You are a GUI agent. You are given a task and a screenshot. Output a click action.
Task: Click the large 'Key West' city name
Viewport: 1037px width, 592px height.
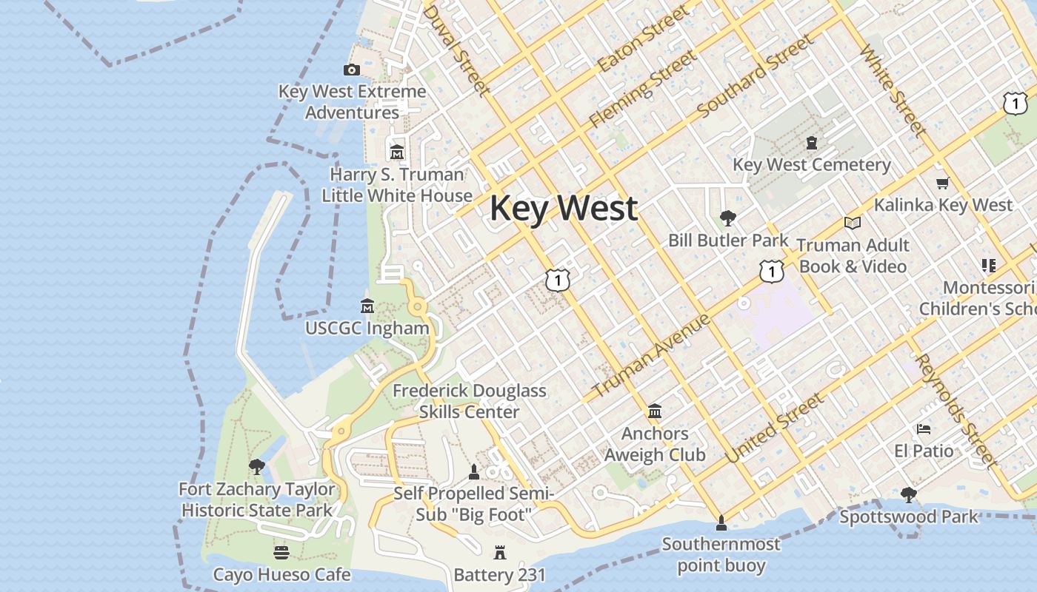[563, 208]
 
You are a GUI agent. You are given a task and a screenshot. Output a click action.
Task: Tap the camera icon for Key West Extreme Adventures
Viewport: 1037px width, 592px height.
[352, 70]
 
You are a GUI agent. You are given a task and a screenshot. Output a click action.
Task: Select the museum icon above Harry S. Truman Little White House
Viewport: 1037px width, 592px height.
[397, 152]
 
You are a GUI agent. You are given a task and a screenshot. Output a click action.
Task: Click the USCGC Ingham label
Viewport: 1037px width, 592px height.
[367, 328]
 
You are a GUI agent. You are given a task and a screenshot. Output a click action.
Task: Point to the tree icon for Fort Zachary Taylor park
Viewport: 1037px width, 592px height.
[257, 467]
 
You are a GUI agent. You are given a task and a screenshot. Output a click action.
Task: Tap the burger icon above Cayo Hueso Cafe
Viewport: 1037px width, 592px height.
[281, 553]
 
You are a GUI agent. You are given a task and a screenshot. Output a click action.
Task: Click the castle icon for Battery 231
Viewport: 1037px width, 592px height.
[499, 553]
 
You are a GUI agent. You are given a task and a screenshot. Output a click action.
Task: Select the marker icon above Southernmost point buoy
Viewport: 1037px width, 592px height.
[721, 524]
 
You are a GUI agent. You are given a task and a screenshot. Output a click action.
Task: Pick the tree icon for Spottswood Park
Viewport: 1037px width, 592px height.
[909, 495]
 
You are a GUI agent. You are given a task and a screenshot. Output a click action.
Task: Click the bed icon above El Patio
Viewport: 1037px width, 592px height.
[923, 429]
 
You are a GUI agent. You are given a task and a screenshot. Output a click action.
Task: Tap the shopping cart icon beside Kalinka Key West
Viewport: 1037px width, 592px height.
[942, 184]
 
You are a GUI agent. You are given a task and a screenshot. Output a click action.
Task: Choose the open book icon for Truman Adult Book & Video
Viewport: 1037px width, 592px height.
[852, 223]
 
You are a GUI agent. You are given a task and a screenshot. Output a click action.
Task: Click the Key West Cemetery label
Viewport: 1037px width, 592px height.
[812, 164]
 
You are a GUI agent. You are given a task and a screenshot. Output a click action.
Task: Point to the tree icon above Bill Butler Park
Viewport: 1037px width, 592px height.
[728, 218]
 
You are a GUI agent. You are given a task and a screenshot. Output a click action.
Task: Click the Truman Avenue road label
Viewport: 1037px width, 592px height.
[652, 354]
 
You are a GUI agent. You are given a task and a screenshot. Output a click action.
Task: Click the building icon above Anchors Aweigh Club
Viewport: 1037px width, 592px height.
[655, 411]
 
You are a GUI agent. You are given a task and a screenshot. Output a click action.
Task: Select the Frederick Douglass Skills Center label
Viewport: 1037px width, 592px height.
[470, 401]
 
